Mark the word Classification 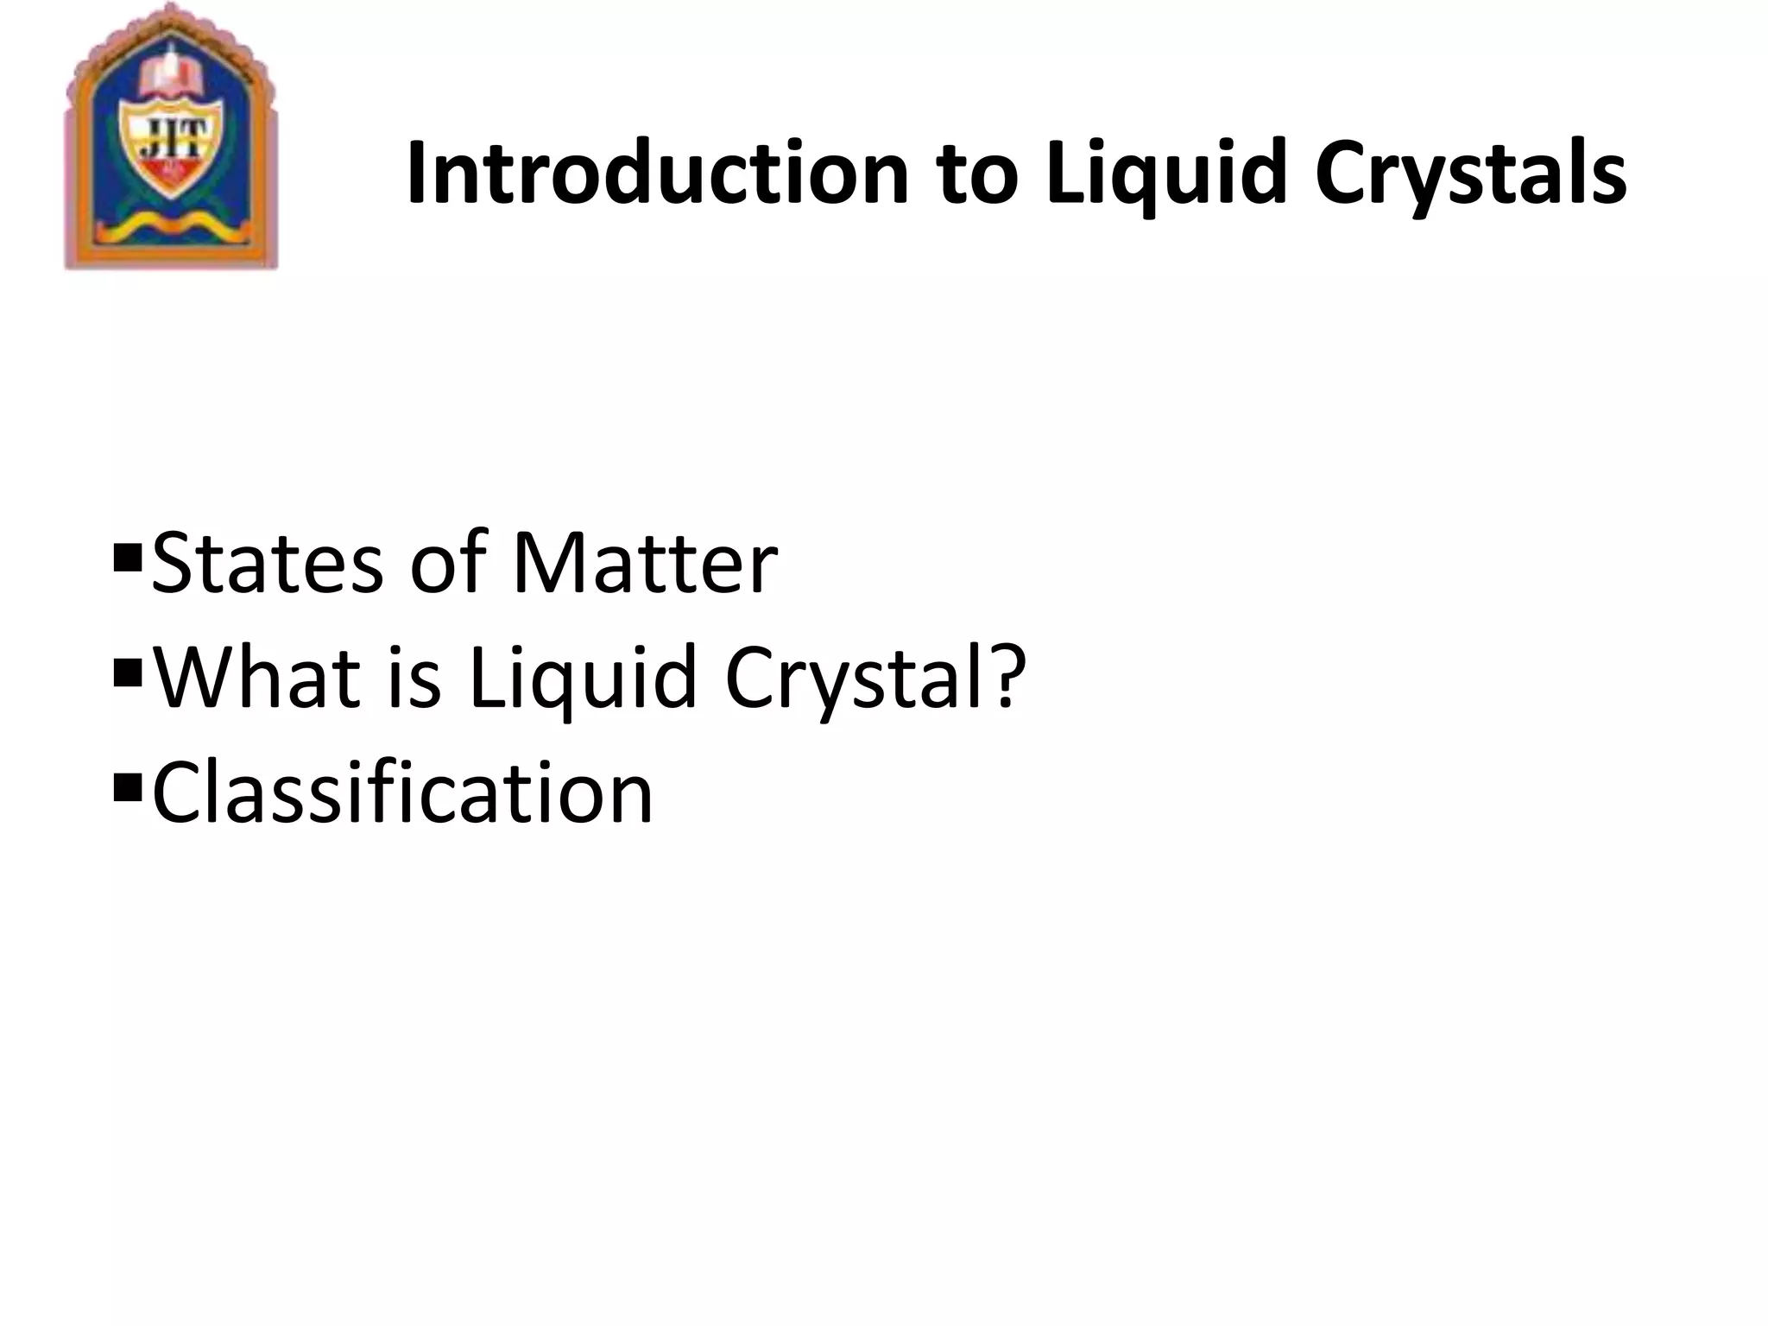tap(402, 792)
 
